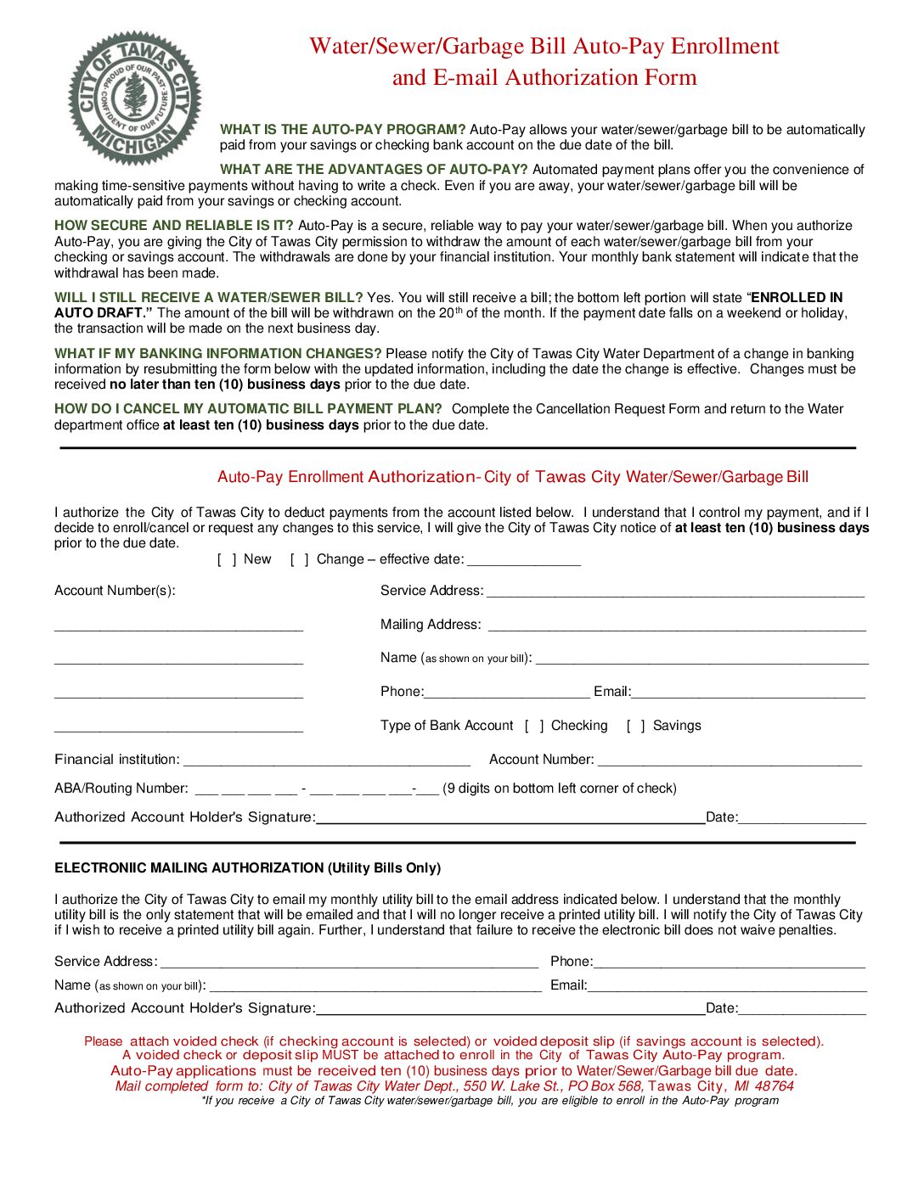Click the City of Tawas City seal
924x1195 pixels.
(134, 98)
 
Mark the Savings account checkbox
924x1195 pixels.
(635, 726)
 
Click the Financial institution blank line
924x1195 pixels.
(326, 760)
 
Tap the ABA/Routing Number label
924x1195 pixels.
(121, 788)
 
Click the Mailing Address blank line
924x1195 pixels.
(676, 626)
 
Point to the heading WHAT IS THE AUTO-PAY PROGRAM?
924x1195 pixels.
(342, 130)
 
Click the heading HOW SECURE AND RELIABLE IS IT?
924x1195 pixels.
(173, 226)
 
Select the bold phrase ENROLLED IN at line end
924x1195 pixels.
(797, 298)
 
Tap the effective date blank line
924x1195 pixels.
(523, 561)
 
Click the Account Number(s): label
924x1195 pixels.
(115, 591)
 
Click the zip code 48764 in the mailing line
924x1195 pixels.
(774, 1086)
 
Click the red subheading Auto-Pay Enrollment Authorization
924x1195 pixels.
(346, 477)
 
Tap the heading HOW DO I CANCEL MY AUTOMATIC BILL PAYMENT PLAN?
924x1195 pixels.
(248, 409)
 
